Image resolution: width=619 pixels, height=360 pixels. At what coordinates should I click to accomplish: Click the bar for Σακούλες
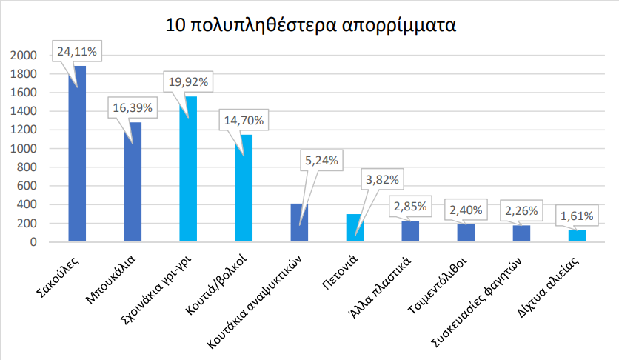[x=77, y=163]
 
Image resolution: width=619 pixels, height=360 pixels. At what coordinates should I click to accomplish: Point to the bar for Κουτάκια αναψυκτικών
[x=299, y=222]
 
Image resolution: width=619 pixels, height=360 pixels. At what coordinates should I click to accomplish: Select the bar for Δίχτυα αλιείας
[x=577, y=236]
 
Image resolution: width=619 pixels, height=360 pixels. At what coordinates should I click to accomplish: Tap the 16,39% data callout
[x=133, y=107]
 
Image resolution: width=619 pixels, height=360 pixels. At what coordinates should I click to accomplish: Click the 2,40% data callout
[x=464, y=210]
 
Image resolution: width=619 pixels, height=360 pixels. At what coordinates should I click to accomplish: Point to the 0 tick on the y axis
[x=33, y=242]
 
